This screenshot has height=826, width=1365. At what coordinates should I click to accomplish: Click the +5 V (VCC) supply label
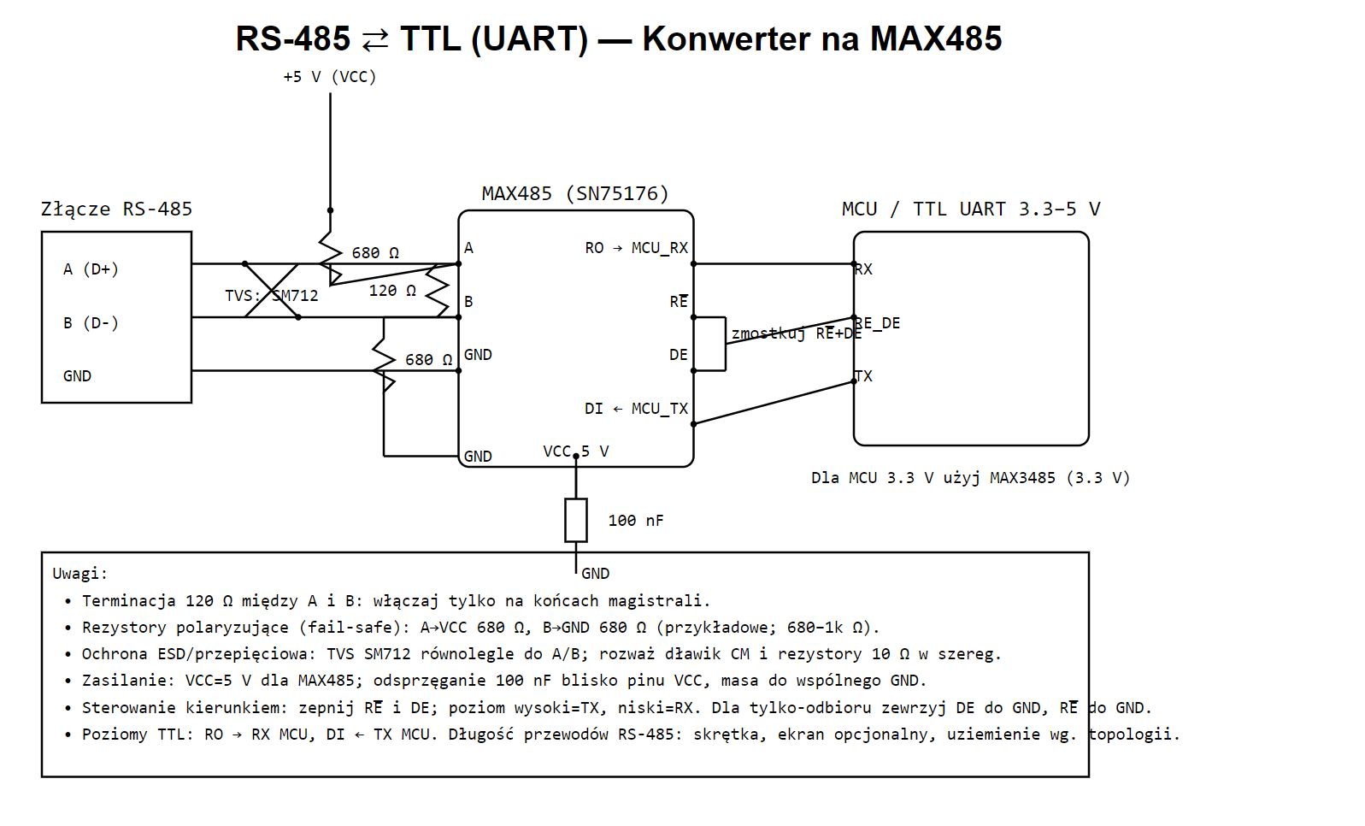[330, 77]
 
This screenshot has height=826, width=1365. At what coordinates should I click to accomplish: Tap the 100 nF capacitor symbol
[576, 520]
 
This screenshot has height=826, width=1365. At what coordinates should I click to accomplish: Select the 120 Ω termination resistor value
[392, 291]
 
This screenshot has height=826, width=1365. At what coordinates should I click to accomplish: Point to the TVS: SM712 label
[272, 296]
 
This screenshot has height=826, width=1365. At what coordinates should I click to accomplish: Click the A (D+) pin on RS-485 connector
[91, 268]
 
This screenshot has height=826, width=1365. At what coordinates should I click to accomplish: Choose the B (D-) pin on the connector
[91, 322]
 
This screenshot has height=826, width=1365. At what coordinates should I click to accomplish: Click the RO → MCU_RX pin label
[636, 248]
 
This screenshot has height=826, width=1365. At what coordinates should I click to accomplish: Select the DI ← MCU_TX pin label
[636, 409]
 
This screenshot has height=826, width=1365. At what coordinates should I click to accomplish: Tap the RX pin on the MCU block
[863, 269]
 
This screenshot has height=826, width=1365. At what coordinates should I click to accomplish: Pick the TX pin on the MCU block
[863, 376]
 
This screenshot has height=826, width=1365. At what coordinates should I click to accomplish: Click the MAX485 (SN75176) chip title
[575, 194]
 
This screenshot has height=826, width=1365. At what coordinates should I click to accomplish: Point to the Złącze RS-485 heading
[116, 209]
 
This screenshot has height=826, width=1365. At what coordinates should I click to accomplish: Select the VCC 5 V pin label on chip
[576, 451]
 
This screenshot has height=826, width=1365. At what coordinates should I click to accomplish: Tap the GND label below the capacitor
[596, 574]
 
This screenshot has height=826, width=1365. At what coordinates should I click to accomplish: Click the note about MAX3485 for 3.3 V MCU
[971, 478]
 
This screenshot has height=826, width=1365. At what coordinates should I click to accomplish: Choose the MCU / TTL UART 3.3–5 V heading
[971, 209]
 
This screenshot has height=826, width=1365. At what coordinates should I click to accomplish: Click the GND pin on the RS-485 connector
[78, 376]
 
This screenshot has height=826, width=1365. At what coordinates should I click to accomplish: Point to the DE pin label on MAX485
[679, 355]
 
